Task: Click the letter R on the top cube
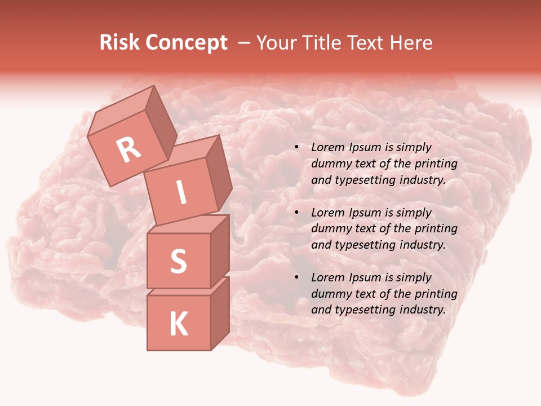pyautogui.click(x=128, y=149)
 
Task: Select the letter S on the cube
pyautogui.click(x=178, y=261)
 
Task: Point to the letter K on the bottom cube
pyautogui.click(x=178, y=324)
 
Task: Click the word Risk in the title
pyautogui.click(x=118, y=42)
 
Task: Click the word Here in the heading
pyautogui.click(x=410, y=42)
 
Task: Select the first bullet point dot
pyautogui.click(x=296, y=148)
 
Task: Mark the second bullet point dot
pyautogui.click(x=296, y=213)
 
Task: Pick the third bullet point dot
pyautogui.click(x=296, y=278)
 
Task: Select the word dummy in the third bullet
pyautogui.click(x=329, y=294)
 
